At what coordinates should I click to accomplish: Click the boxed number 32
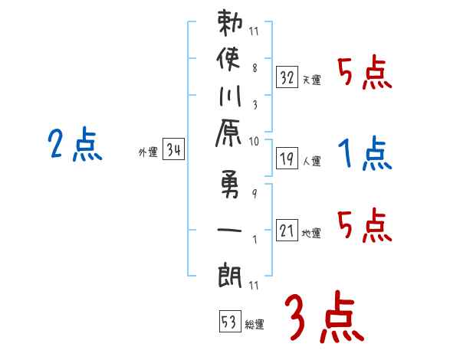coord(287,77)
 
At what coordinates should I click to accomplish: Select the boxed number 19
coord(287,159)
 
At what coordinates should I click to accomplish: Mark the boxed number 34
coord(173,151)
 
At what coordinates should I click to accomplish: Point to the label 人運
coord(311,162)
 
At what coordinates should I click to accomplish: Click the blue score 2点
coord(74,146)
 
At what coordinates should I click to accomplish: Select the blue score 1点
coord(365,155)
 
